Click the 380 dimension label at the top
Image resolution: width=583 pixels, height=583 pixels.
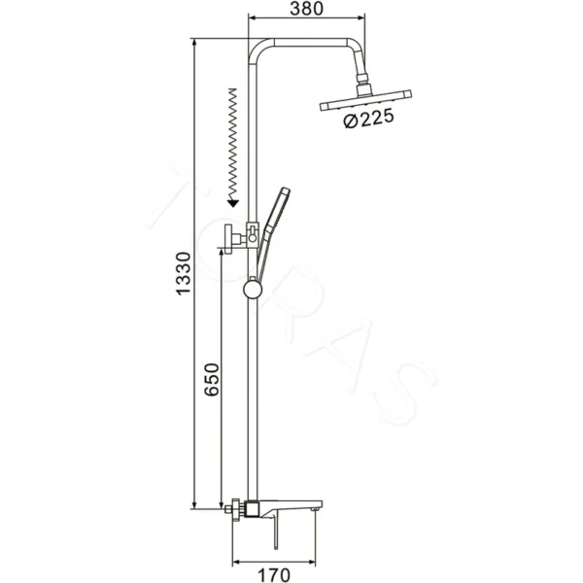pos(307,9)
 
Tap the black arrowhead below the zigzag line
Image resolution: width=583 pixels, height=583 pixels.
pos(232,201)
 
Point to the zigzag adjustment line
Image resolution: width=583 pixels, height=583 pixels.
pos(232,141)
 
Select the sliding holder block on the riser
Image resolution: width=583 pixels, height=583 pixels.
pos(252,233)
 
